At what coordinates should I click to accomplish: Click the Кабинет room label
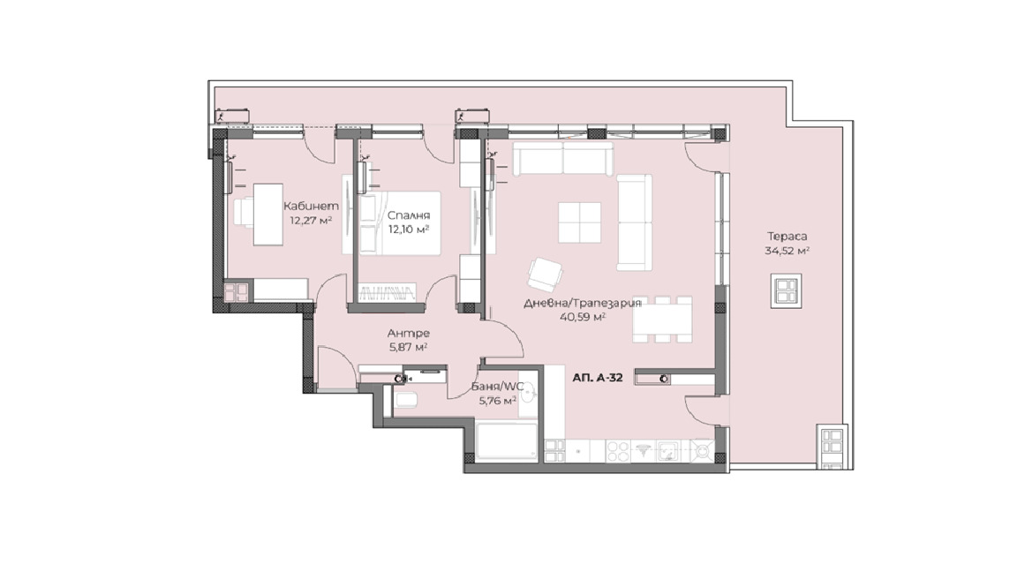[x=311, y=207]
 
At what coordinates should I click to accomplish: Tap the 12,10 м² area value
[x=409, y=229]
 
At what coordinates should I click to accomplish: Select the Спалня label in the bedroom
[x=409, y=215]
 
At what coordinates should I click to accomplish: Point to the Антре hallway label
[x=409, y=334]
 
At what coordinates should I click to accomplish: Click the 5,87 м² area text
[x=409, y=347]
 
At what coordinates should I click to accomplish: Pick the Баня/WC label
[x=498, y=388]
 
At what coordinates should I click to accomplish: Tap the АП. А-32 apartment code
[x=598, y=378]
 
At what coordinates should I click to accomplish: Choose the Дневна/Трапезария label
[x=583, y=303]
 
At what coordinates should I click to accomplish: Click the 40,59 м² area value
[x=583, y=317]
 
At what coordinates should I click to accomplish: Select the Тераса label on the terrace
[x=787, y=237]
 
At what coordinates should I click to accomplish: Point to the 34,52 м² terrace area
[x=787, y=251]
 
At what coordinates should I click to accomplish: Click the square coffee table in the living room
[x=579, y=222]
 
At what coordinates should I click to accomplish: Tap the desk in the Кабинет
[x=267, y=214]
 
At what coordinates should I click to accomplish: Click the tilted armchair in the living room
[x=545, y=275]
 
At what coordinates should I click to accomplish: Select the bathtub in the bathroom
[x=507, y=441]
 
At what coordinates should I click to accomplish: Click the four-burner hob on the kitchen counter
[x=617, y=450]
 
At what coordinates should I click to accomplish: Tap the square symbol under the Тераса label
[x=786, y=290]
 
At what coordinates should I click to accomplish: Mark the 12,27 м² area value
[x=311, y=221]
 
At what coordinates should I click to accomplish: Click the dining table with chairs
[x=662, y=319]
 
